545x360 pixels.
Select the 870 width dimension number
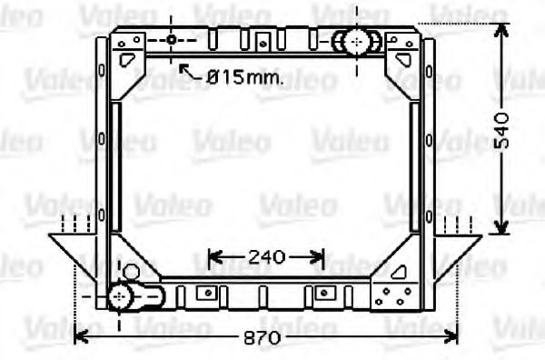pos(263,337)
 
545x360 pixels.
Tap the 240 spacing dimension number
pos(267,258)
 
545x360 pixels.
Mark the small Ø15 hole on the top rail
pos(171,40)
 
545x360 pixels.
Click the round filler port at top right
pos(355,41)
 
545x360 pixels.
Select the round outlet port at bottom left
pos(120,297)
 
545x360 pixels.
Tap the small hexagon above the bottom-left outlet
pos(131,272)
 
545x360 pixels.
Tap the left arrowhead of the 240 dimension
pos(215,258)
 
